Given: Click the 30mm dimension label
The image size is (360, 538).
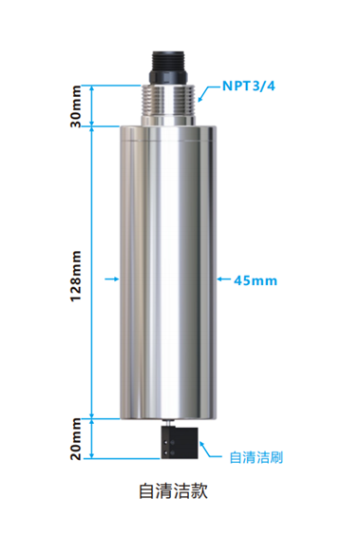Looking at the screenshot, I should (x=77, y=105).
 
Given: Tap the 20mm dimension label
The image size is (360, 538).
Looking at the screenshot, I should (x=77, y=438).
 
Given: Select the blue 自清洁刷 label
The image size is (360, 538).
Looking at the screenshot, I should (x=256, y=457).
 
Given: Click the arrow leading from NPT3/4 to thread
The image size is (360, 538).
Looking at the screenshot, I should (x=209, y=92).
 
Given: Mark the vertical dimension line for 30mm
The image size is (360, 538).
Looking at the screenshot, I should (x=91, y=105).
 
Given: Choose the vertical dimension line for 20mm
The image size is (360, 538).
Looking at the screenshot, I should (x=91, y=438).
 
